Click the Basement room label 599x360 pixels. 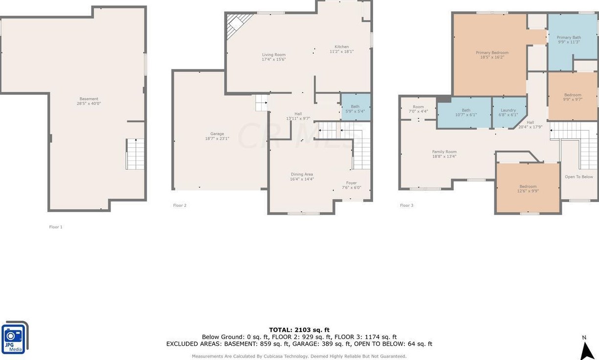click(89, 99)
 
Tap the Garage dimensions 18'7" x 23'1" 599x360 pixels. click(217, 138)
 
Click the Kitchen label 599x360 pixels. click(341, 46)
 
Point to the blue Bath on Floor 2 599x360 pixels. click(355, 107)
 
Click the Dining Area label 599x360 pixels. click(302, 175)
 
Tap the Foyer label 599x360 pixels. click(352, 183)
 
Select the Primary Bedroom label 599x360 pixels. click(492, 53)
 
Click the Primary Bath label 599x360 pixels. click(569, 38)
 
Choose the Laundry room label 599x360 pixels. click(508, 110)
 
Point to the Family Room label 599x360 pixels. click(444, 152)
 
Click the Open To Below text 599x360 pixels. click(579, 177)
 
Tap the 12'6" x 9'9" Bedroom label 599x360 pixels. click(528, 188)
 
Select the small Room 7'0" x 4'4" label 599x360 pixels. click(418, 109)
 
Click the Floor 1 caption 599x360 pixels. click(56, 227)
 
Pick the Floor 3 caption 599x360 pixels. click(406, 205)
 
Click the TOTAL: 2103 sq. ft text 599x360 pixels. click(299, 330)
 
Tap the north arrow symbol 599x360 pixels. click(587, 350)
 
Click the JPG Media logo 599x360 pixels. click(15, 337)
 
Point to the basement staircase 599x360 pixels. click(135, 154)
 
